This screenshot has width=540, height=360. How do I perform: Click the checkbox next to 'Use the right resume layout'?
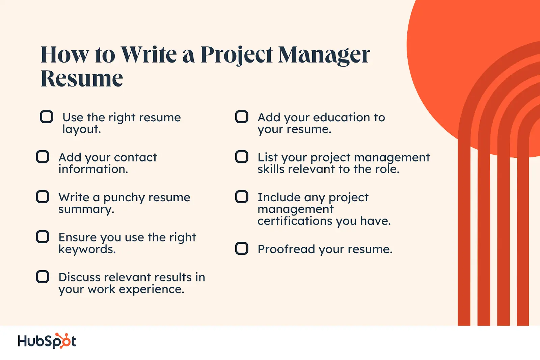click(47, 117)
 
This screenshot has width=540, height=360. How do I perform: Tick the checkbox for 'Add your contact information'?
click(43, 157)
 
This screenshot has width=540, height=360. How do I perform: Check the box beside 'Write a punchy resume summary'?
click(43, 197)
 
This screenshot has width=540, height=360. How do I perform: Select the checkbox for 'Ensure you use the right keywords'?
click(43, 237)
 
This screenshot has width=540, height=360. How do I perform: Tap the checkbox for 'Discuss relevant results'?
click(43, 277)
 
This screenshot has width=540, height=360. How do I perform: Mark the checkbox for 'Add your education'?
click(242, 117)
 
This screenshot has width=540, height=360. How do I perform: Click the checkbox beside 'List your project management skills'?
click(242, 157)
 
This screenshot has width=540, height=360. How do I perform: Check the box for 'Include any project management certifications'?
click(242, 197)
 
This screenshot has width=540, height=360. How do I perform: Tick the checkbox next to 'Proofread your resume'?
click(242, 249)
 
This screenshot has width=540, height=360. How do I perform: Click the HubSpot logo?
click(47, 341)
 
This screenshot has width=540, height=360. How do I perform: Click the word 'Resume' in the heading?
click(82, 78)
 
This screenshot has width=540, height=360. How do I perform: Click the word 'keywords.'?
click(87, 249)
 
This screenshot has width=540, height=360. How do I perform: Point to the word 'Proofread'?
click(287, 249)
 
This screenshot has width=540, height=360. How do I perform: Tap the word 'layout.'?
click(81, 130)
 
